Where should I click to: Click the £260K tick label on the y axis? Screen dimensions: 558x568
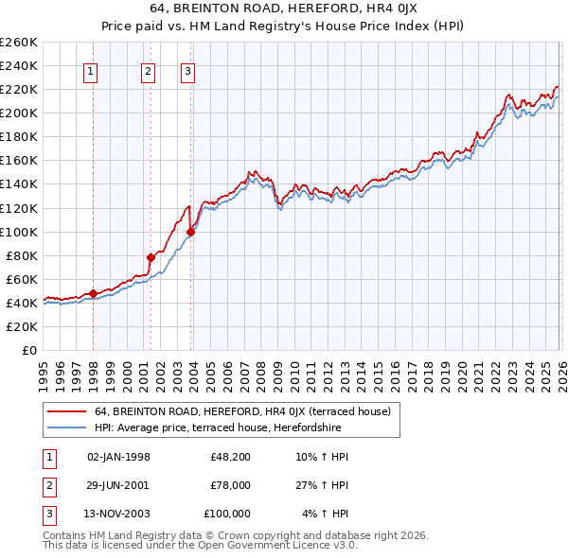point(19,43)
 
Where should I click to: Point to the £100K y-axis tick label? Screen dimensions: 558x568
point(19,232)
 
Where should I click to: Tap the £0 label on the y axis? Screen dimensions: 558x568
point(30,350)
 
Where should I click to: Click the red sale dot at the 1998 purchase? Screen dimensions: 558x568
point(93,293)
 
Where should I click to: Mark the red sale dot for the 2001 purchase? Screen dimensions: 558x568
point(151,257)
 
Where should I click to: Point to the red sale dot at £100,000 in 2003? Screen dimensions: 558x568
point(191,232)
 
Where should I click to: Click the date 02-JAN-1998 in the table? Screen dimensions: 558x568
point(118,457)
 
